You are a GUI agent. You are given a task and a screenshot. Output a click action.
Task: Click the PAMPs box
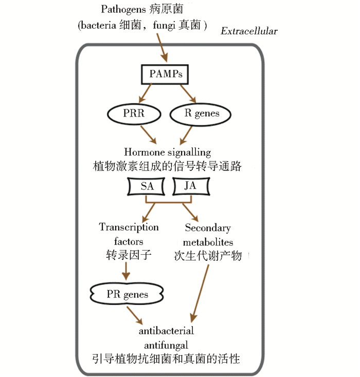click(x=166, y=74)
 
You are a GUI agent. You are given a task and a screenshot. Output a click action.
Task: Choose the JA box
click(x=190, y=186)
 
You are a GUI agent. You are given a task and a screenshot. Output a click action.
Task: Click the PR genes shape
click(x=127, y=295)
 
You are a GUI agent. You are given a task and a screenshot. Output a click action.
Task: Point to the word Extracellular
click(x=249, y=31)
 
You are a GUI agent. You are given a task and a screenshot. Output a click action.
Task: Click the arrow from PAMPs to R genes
click(x=187, y=93)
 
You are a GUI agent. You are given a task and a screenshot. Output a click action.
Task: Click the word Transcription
click(x=129, y=227)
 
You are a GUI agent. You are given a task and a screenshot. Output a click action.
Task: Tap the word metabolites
click(x=208, y=242)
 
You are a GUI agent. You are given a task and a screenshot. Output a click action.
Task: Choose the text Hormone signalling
click(x=168, y=153)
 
